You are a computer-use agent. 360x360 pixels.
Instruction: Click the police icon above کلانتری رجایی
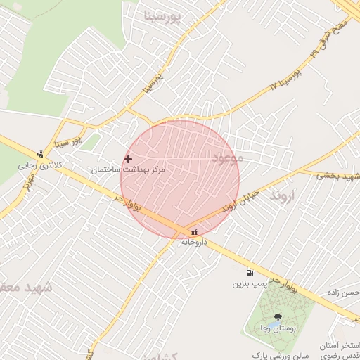tap(40, 155)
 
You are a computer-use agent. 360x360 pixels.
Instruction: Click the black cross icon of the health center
tap(128, 160)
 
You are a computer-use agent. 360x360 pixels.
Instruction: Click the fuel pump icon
tap(250, 274)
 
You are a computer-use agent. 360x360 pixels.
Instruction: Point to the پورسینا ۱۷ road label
tap(285, 77)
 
